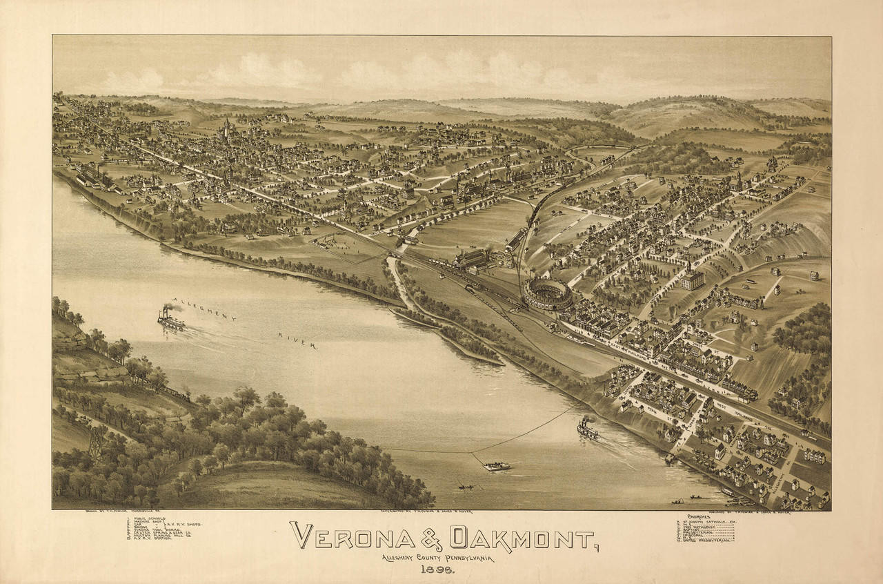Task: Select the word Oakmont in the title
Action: coord(522,536)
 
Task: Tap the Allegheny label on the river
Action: coord(204,309)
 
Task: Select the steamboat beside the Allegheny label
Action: coord(170,320)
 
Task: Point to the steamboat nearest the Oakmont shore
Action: coord(587,429)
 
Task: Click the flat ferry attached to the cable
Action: coord(497,466)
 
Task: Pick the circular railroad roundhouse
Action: coord(547,293)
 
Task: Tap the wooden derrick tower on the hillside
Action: coord(95,442)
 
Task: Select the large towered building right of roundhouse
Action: coord(691,278)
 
